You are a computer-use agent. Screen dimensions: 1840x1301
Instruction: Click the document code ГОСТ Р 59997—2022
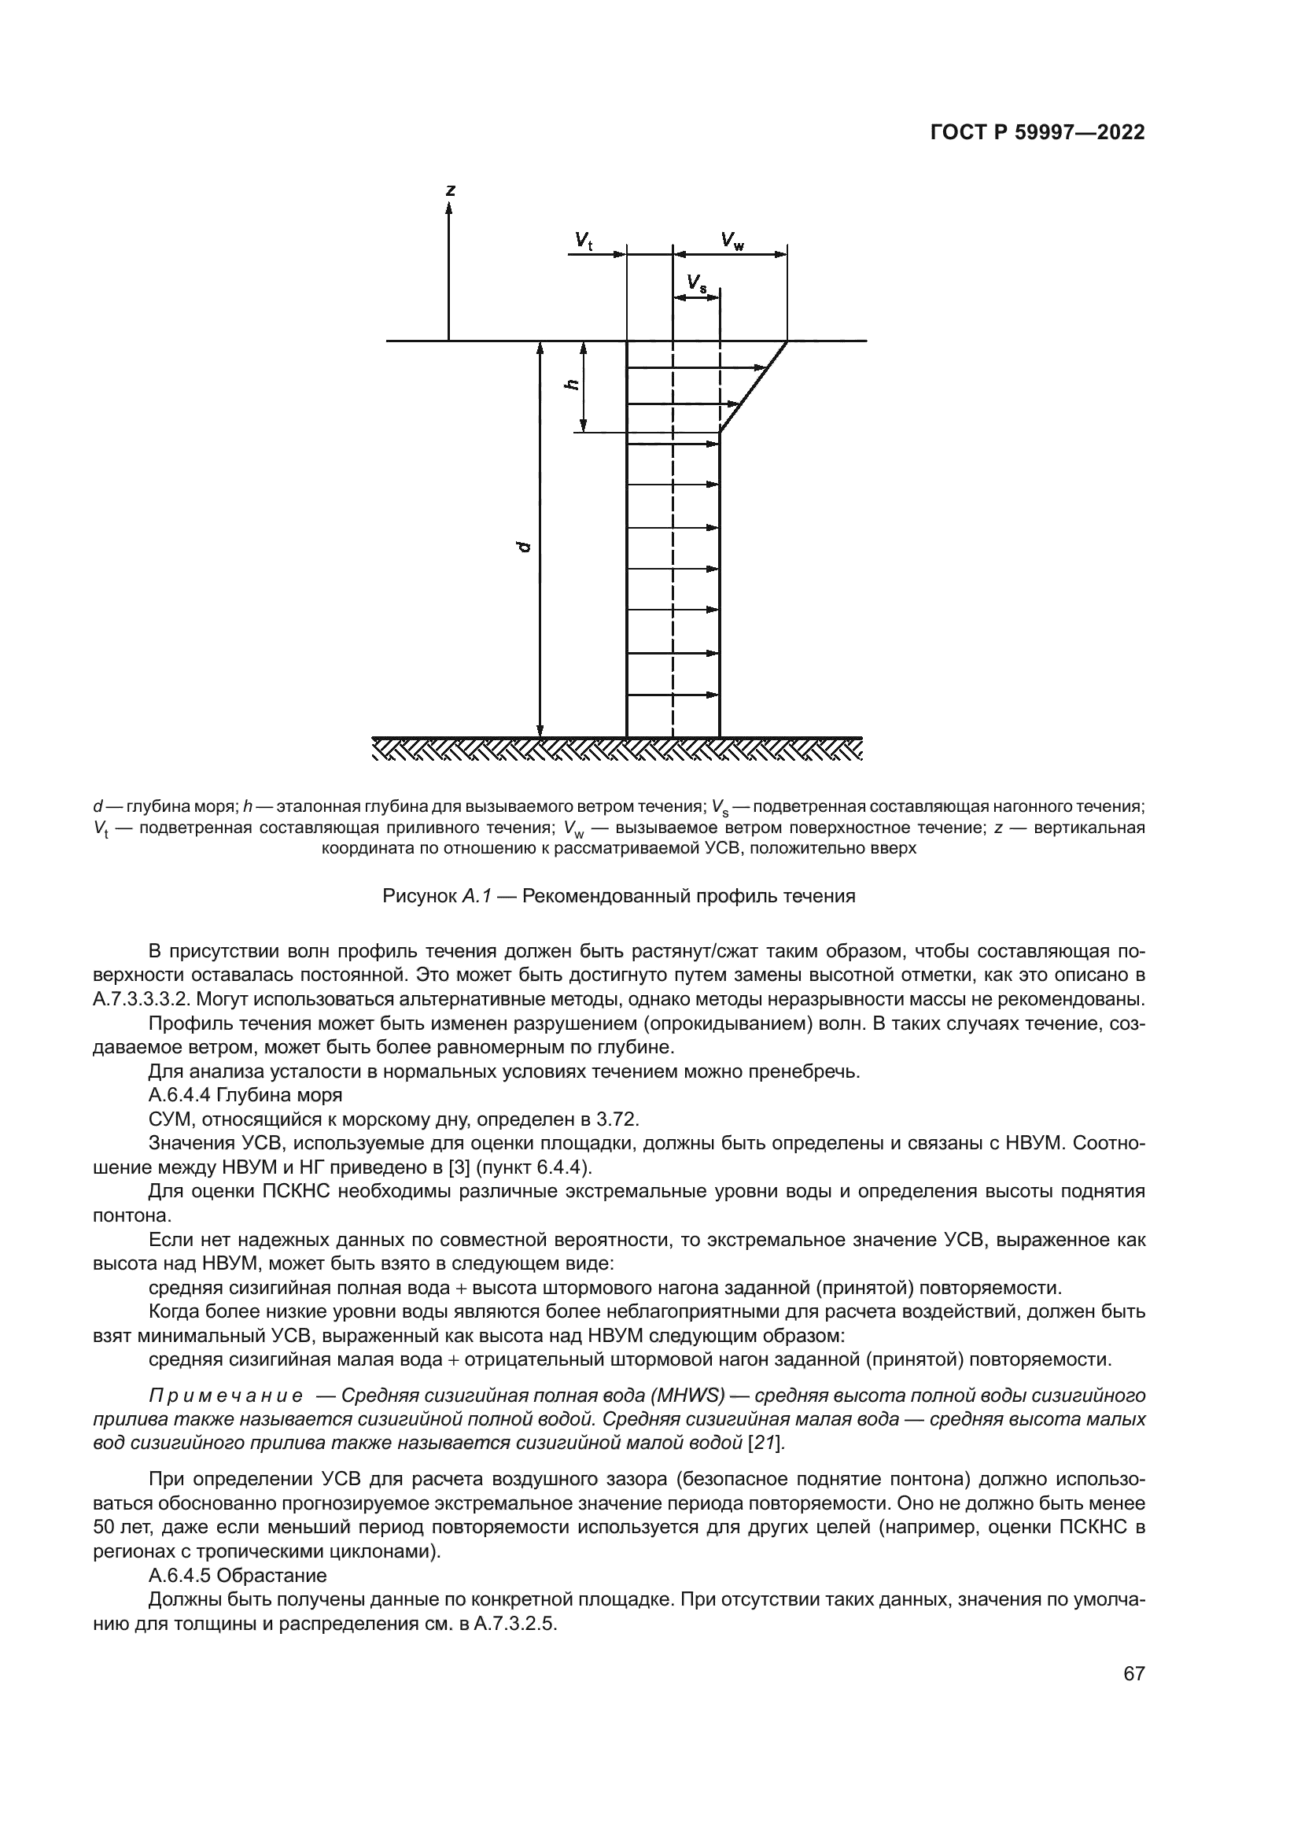[x=1037, y=133]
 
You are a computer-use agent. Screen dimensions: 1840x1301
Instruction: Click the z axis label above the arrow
[x=450, y=190]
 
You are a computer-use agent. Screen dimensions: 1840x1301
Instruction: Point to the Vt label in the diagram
[x=583, y=241]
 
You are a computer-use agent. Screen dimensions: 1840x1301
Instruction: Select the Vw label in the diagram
[x=731, y=241]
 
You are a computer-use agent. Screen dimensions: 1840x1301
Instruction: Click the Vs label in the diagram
[x=696, y=283]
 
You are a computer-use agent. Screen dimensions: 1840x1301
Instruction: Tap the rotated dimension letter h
[x=572, y=385]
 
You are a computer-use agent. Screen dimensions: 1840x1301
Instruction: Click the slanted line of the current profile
[x=753, y=387]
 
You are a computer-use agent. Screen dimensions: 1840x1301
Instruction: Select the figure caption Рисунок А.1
[x=618, y=896]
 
